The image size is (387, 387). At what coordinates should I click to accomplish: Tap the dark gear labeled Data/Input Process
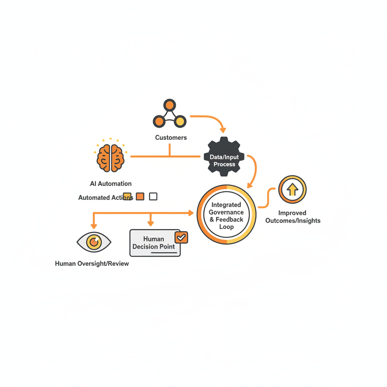224,156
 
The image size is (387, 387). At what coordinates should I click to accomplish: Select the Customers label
171,138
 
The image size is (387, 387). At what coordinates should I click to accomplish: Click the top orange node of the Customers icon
170,105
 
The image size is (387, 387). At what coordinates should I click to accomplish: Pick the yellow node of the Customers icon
180,121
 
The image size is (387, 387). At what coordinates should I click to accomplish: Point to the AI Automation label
111,184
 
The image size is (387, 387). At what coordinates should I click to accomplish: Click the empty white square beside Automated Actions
153,197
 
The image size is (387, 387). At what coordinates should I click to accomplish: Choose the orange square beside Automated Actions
140,197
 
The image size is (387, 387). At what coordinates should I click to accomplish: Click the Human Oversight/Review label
92,263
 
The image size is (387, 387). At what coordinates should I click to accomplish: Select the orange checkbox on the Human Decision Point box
181,237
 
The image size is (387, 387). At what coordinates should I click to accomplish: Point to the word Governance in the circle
226,212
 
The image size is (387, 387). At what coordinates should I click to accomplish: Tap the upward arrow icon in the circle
293,189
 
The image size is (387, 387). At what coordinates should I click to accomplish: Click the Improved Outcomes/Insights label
293,217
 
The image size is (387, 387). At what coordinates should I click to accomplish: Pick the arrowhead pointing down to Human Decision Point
151,224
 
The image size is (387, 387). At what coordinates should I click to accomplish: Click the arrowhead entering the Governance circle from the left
191,213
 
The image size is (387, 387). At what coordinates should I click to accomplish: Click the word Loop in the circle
226,227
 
